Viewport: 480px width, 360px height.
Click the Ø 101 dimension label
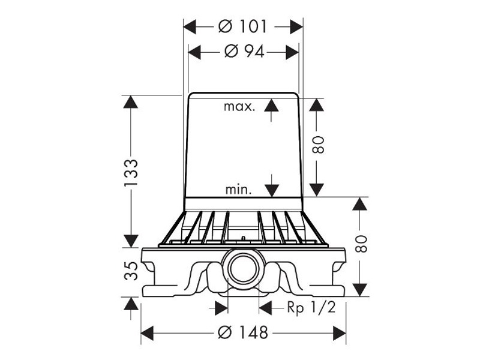(242, 26)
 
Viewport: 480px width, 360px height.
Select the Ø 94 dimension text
(244, 52)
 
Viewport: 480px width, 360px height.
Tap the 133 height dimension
(131, 173)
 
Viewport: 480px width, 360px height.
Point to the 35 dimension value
(131, 271)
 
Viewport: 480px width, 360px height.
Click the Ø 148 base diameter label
(243, 332)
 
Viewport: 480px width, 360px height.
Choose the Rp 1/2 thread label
(311, 307)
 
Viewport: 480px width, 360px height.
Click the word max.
(239, 107)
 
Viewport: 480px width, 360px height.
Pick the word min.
(238, 190)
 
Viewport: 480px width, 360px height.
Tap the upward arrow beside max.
(271, 110)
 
